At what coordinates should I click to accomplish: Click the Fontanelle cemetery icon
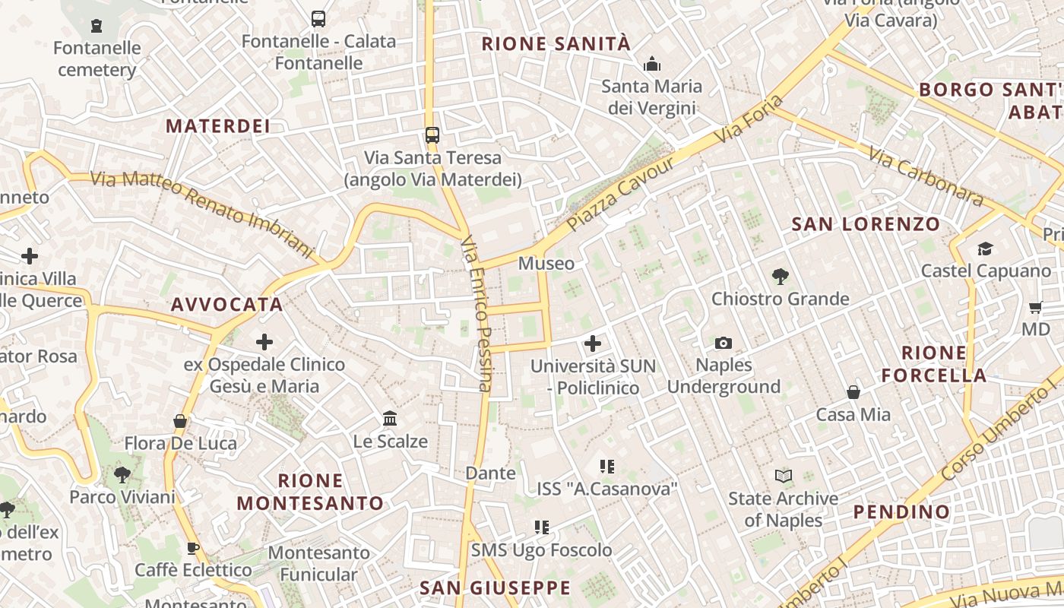coord(97,27)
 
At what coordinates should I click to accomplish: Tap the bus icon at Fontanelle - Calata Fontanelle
coord(318,19)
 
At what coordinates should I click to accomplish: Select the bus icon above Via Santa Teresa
coord(432,135)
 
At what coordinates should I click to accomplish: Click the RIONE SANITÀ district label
coord(556,44)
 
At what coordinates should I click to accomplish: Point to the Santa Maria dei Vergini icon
coord(651,65)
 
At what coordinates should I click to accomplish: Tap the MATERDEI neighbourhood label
coord(218,126)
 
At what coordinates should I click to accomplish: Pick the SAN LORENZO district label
coord(866,224)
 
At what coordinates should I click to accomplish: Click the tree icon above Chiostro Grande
coord(780,276)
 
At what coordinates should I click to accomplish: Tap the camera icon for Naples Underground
coord(724,343)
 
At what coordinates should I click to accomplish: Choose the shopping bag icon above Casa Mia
coord(853,392)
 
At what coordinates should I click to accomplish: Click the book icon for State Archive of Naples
coord(783,477)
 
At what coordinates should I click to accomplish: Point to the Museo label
coord(546,264)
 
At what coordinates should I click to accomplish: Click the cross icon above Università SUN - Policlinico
coord(593,344)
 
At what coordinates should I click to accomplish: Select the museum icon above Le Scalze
coord(391,419)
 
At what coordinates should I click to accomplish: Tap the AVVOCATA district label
coord(227,305)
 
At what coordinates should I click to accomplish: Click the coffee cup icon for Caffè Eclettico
coord(193,548)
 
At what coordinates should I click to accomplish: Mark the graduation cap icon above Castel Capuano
coord(985,249)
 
